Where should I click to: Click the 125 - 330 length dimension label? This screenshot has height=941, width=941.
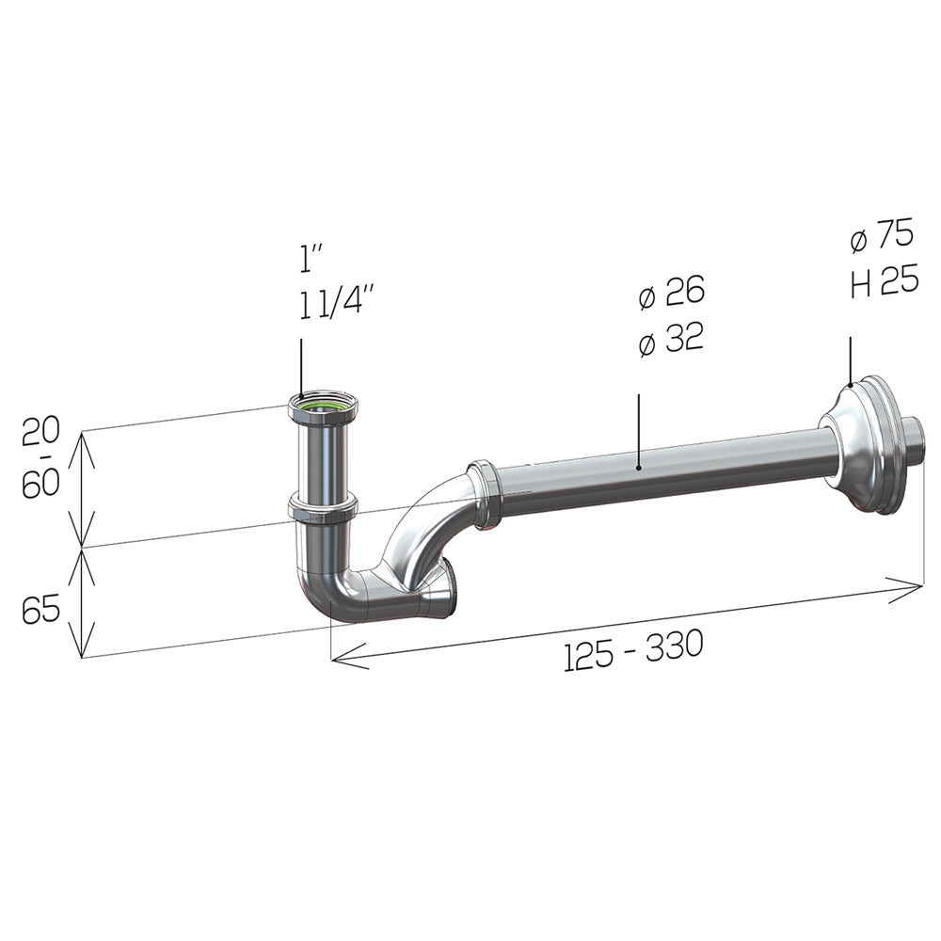[x=633, y=650]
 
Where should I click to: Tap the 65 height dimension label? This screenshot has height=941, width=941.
[x=40, y=609]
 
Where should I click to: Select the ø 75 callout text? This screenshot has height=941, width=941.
[x=883, y=234]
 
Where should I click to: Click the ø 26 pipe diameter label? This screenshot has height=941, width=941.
[x=672, y=293]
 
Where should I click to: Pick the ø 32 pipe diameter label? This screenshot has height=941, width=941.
[x=671, y=339]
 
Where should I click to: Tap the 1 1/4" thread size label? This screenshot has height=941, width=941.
[x=337, y=301]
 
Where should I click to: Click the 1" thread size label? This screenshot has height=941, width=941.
[x=311, y=260]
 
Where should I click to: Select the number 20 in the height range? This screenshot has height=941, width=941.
[x=40, y=432]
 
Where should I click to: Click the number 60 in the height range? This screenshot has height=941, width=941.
[x=40, y=484]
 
